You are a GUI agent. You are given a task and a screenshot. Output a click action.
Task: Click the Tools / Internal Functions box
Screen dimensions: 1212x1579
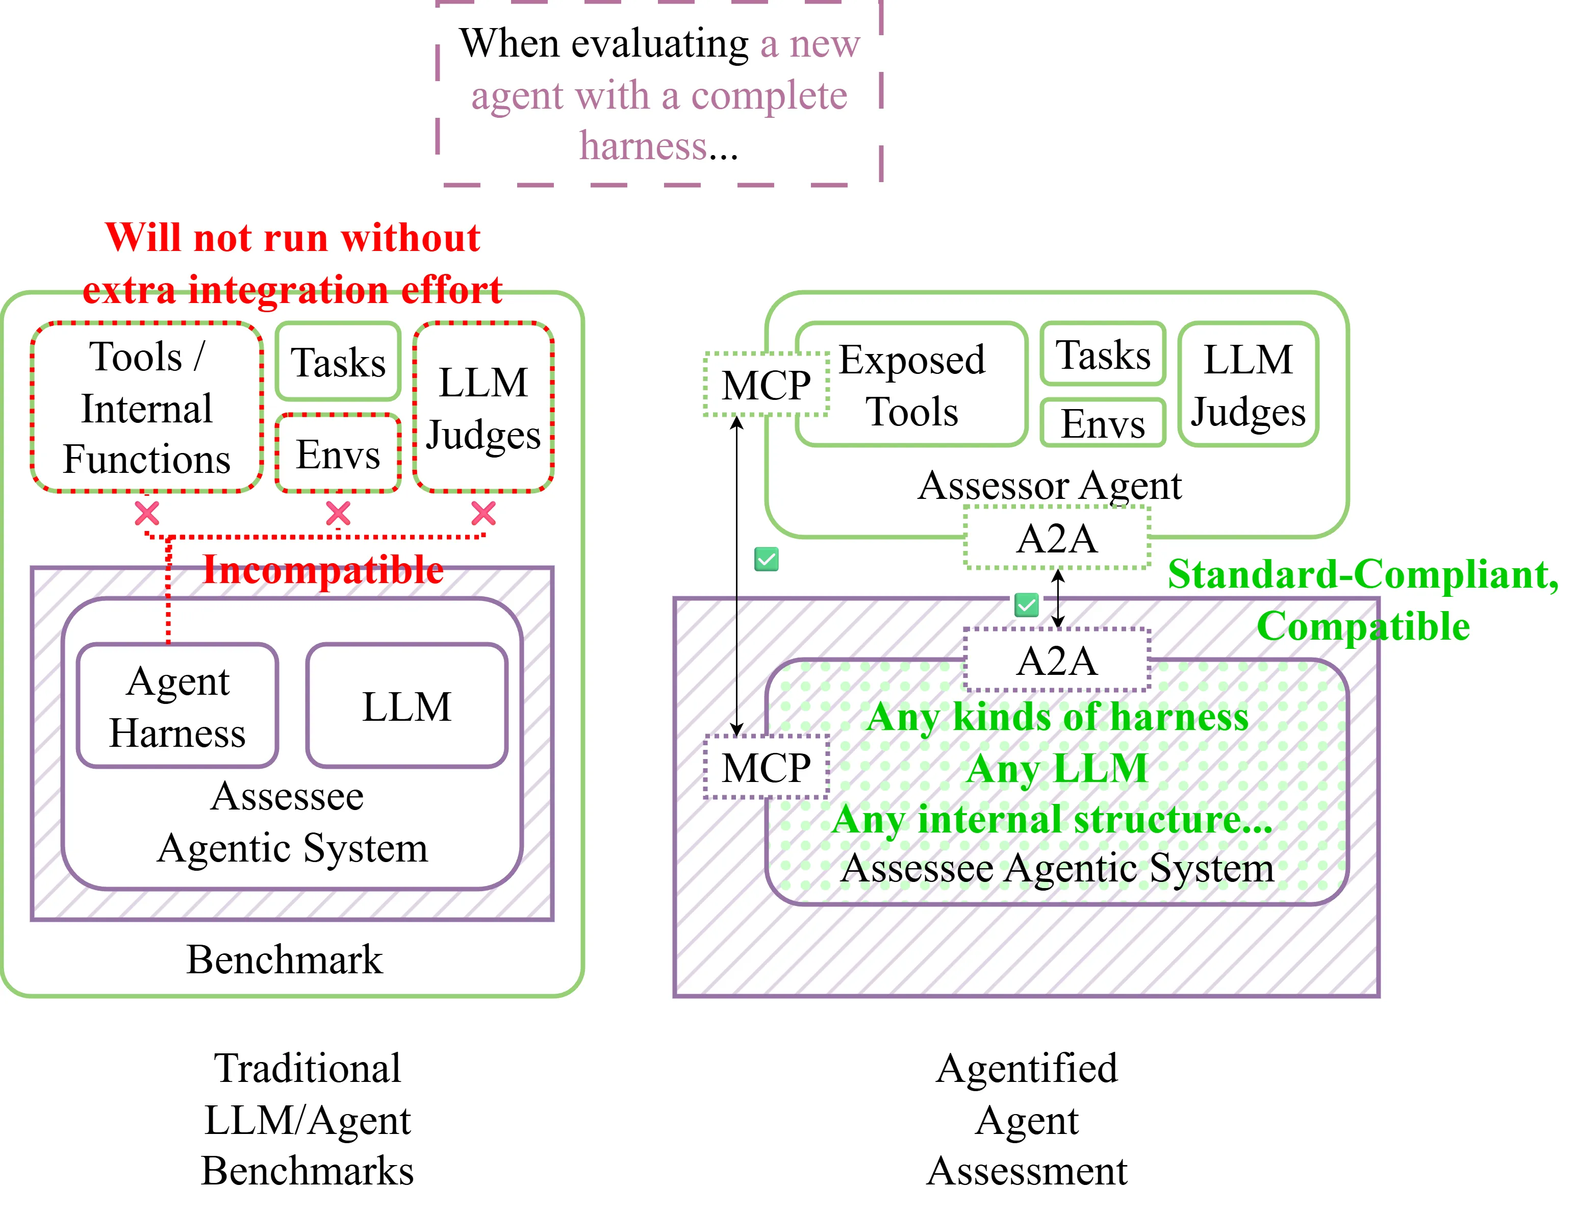point(146,408)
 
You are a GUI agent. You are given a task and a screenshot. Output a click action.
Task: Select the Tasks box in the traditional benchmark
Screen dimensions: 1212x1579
point(338,362)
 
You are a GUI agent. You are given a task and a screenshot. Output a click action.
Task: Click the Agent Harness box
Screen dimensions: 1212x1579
point(177,705)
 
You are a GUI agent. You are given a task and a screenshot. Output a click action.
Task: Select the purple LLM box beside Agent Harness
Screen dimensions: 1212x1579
point(407,705)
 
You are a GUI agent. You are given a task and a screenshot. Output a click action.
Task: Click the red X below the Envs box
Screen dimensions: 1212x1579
point(338,514)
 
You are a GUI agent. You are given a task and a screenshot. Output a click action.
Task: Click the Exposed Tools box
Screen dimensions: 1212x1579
point(912,385)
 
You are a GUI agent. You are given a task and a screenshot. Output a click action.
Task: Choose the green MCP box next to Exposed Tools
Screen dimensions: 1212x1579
point(766,385)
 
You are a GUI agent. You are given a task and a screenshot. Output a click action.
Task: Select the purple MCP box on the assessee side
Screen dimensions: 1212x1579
point(766,767)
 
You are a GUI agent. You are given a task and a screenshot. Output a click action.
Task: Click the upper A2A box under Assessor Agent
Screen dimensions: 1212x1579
point(1057,538)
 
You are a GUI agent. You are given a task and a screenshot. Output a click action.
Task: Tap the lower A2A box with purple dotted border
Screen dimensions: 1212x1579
point(1057,660)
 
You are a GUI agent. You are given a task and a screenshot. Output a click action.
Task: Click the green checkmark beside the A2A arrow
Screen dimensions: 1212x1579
point(1026,604)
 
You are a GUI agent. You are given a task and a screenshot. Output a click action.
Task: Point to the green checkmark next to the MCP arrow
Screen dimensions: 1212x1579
point(766,559)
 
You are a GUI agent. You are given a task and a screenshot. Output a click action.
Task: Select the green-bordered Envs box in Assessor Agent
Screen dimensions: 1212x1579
point(1102,423)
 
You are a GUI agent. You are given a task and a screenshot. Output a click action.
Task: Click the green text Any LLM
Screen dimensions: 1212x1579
point(1057,768)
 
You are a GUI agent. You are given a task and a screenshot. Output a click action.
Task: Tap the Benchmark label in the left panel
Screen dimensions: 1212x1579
point(284,959)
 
